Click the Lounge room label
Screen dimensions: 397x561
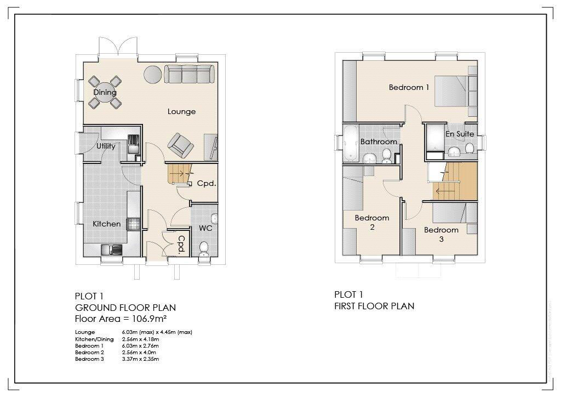tap(181, 112)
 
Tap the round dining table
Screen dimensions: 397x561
tap(105, 92)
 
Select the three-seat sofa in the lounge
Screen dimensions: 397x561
tap(188, 74)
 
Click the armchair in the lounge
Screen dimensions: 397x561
tap(181, 144)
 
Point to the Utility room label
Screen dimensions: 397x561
tap(106, 146)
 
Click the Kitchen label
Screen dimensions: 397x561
tap(106, 224)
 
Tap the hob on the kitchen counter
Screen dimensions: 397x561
tap(133, 224)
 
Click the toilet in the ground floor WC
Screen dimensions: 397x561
tap(204, 248)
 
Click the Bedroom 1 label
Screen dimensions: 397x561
tap(409, 87)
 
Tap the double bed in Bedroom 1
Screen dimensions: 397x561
tap(455, 90)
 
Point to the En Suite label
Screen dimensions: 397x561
tap(459, 134)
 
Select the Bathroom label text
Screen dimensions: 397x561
tap(379, 141)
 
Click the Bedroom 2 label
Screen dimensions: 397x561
tap(372, 222)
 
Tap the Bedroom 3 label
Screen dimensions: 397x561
tap(441, 234)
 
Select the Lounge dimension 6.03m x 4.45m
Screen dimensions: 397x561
tap(157, 332)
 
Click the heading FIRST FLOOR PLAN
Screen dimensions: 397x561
tap(374, 306)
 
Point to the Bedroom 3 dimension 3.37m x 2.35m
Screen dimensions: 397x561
tap(140, 359)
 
